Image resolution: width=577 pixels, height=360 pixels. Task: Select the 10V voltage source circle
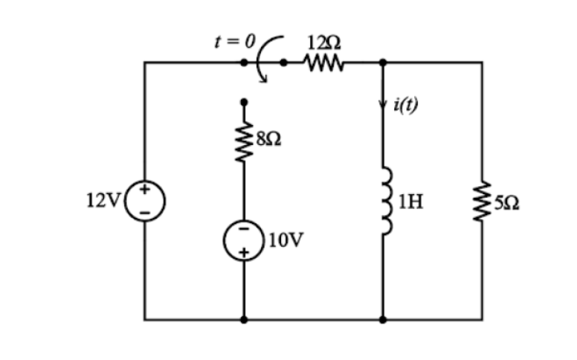pyautogui.click(x=244, y=241)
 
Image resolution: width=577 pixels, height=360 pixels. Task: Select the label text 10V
pyautogui.click(x=286, y=240)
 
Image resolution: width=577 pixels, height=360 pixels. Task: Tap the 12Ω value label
pyautogui.click(x=320, y=43)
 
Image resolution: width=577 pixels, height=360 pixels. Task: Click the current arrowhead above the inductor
pyautogui.click(x=384, y=104)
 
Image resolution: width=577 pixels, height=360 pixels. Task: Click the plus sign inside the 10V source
pyautogui.click(x=244, y=252)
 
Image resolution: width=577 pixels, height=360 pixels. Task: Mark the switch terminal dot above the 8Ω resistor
pyautogui.click(x=244, y=102)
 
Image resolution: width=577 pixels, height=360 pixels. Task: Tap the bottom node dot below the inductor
pyautogui.click(x=384, y=320)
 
